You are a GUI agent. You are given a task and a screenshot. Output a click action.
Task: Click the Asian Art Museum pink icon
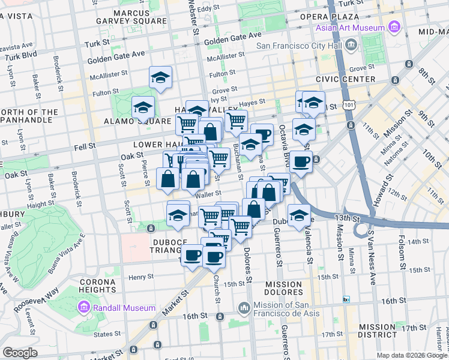click(x=394, y=27)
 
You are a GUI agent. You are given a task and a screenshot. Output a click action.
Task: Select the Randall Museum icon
click(x=84, y=308)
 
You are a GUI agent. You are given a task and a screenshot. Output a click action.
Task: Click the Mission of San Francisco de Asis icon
click(x=244, y=308)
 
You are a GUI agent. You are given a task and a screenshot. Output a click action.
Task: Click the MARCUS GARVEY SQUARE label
click(x=131, y=16)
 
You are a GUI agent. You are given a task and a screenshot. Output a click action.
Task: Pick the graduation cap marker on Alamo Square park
click(x=143, y=107)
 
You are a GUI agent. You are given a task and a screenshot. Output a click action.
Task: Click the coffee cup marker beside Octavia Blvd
click(x=301, y=163)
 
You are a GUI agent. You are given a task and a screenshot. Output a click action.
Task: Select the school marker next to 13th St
click(x=298, y=215)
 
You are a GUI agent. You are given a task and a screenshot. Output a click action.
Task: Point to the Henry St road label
click(x=141, y=277)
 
